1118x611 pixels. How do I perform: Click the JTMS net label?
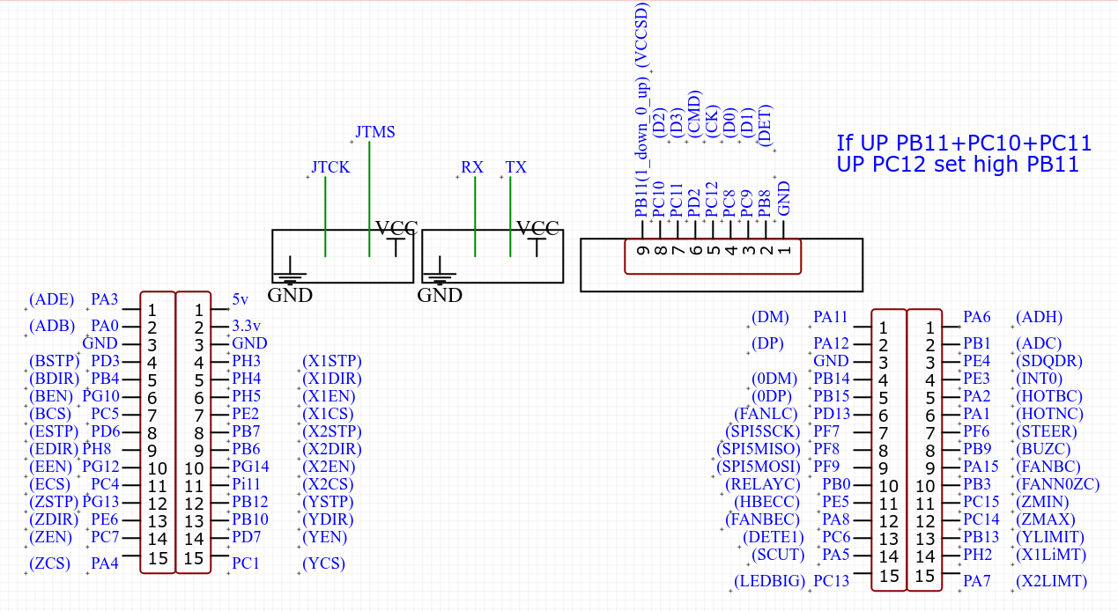[x=375, y=132]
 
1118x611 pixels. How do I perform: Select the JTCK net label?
[x=330, y=167]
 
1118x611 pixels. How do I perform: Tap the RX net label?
[x=472, y=167]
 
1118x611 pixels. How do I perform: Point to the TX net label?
[x=516, y=167]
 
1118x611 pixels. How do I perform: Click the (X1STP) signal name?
[x=331, y=361]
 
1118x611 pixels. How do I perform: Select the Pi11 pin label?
[x=247, y=484]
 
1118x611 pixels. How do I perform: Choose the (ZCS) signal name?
[x=49, y=563]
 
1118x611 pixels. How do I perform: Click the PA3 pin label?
[x=105, y=300]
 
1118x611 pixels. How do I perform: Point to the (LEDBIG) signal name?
[x=769, y=581]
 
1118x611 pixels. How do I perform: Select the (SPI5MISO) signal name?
[x=759, y=449]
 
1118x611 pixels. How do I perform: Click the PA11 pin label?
[x=831, y=317]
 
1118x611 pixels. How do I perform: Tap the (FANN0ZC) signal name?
[x=1058, y=484]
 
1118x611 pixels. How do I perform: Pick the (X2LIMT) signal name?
[x=1052, y=581]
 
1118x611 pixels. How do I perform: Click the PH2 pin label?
[x=977, y=555]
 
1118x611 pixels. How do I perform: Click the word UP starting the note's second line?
[x=852, y=165]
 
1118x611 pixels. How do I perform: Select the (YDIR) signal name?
[x=326, y=519]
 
